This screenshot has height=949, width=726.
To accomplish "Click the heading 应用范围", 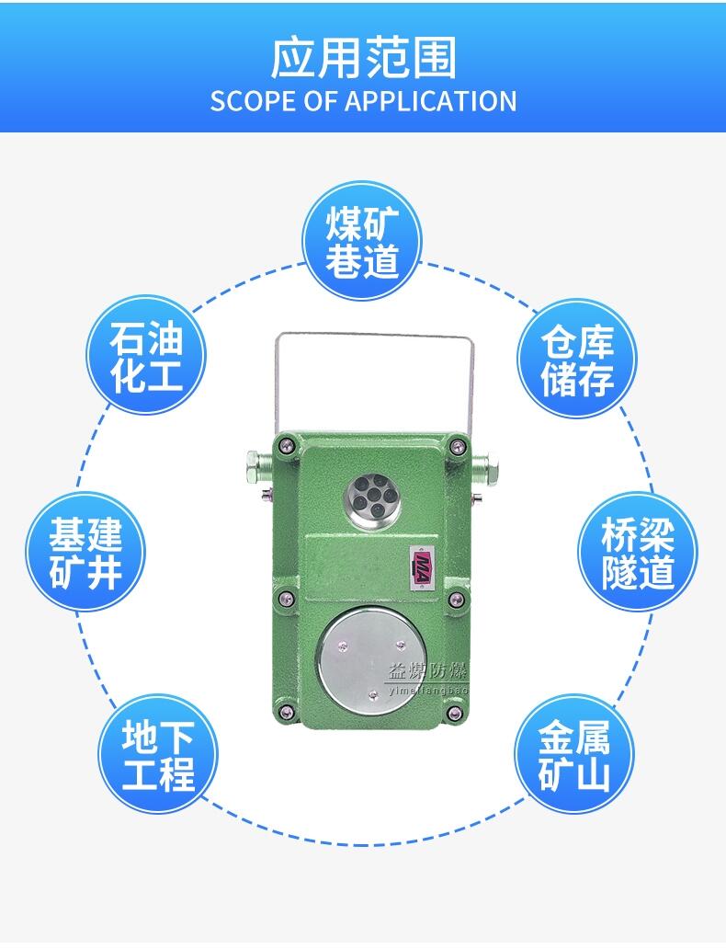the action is pos(363,58).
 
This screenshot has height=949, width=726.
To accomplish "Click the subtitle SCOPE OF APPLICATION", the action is pos(363,101).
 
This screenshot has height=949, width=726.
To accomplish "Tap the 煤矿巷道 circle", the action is pos(362,241).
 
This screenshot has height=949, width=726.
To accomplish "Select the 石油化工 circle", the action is pos(146,355).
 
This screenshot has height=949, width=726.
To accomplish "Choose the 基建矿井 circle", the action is pos(85,552).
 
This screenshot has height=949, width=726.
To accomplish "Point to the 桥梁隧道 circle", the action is pos(638,552).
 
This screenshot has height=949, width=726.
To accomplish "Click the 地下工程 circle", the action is pos(158,754).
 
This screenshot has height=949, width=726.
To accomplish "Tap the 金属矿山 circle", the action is pos(574,754).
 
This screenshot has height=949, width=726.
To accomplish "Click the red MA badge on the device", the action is pos(422,568).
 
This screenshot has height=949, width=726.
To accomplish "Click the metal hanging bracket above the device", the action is pos(374,335).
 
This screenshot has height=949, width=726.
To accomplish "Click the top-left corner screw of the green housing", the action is pos(284,447).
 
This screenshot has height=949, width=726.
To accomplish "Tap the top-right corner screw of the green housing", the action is pos(456,447).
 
